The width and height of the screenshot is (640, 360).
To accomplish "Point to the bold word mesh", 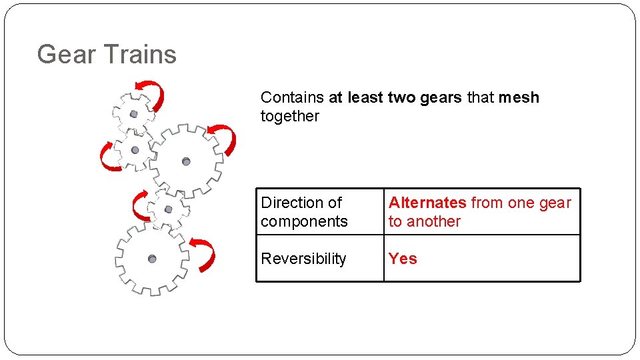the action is click(519, 97).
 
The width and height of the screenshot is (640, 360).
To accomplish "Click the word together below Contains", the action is click(290, 116).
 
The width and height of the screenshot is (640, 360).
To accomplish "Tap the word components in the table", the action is click(304, 221).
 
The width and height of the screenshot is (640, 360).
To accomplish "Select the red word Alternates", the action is click(427, 203).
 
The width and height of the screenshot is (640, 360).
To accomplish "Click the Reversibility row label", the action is click(303, 259).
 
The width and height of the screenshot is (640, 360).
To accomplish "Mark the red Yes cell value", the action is click(403, 259).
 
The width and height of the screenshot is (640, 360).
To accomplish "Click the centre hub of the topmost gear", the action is click(133, 114).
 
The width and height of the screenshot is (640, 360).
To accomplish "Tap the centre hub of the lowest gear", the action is click(152, 259).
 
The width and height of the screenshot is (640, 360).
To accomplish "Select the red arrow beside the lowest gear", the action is click(205, 254).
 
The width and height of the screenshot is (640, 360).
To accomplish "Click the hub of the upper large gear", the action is click(186, 161).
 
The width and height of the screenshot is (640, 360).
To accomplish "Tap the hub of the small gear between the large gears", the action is click(168, 209).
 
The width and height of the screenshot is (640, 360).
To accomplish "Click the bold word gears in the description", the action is click(441, 97).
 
